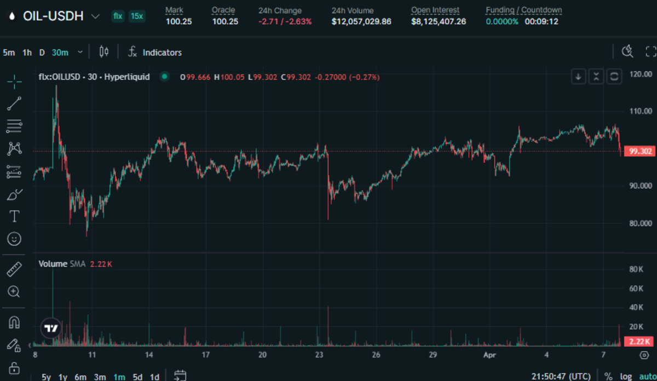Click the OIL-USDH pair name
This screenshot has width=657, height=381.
[53, 16]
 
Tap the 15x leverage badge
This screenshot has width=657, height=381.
[137, 16]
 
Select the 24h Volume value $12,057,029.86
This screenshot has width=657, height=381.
[361, 21]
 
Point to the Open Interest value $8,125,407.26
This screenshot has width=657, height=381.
[439, 21]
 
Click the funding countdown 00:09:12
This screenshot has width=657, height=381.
[541, 21]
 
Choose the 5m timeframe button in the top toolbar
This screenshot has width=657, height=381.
[9, 53]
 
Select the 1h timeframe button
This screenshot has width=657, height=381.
[27, 53]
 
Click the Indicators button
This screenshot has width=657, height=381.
[162, 53]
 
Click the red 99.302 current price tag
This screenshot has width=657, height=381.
[640, 152]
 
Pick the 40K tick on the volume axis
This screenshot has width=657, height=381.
[636, 308]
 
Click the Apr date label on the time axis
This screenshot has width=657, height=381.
[489, 355]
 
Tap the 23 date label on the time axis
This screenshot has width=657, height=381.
[319, 355]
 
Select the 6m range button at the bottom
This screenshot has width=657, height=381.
[80, 377]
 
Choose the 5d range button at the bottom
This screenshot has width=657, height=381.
[137, 377]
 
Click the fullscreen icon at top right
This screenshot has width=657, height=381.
[650, 52]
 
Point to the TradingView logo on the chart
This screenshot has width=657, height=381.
[51, 328]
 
